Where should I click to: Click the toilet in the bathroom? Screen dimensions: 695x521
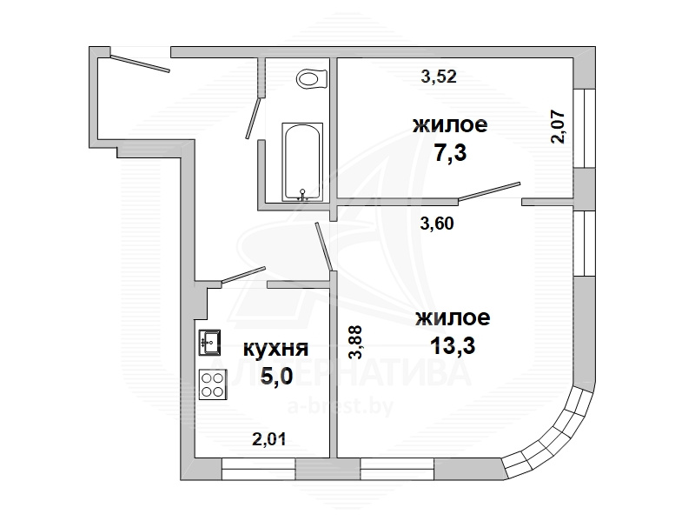[x=312, y=79]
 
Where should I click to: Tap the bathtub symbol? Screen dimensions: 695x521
[x=302, y=162]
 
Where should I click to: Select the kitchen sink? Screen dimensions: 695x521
[x=209, y=343]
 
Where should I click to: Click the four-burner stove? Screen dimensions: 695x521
[x=213, y=384]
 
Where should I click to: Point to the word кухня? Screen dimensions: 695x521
[x=275, y=350]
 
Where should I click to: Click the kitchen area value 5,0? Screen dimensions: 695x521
[x=276, y=377]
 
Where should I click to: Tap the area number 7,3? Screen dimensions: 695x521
[x=450, y=153]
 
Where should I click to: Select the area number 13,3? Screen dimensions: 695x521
[x=453, y=345]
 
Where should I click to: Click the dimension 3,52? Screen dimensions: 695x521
[x=439, y=77]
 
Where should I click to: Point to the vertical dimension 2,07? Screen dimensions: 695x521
[x=558, y=126]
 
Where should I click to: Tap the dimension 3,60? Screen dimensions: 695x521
[x=437, y=224]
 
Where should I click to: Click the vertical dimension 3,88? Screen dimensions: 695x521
[x=355, y=342]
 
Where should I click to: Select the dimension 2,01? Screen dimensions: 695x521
[x=269, y=439]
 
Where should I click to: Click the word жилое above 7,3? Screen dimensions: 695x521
[x=450, y=125]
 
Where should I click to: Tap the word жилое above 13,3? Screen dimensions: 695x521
[x=453, y=318]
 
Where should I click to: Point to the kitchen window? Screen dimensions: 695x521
[x=258, y=470]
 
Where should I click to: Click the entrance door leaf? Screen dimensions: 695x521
[x=140, y=63]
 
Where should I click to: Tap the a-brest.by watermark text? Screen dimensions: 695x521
[x=341, y=406]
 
